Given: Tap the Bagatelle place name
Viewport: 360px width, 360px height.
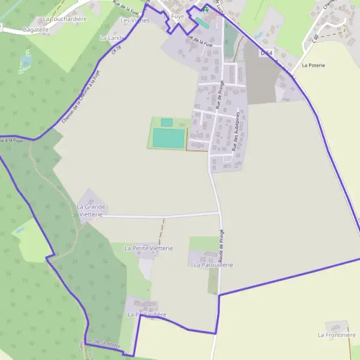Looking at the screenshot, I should tap(35, 29).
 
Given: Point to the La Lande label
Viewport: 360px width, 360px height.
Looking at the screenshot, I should tap(112, 38).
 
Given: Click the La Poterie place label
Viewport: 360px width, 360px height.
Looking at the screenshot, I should tap(313, 65).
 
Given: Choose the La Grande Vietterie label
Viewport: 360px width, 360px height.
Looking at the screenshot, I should tap(91, 210).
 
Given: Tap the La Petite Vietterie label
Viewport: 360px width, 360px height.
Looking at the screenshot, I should tap(148, 248).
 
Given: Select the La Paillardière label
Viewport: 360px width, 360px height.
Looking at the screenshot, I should tap(146, 314).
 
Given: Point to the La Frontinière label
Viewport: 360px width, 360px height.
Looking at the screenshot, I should tap(337, 335).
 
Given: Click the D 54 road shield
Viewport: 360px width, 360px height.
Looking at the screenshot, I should tap(266, 53).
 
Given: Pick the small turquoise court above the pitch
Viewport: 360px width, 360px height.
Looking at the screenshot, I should tap(166, 122).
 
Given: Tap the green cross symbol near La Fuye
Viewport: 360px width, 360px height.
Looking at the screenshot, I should tap(206, 10).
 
